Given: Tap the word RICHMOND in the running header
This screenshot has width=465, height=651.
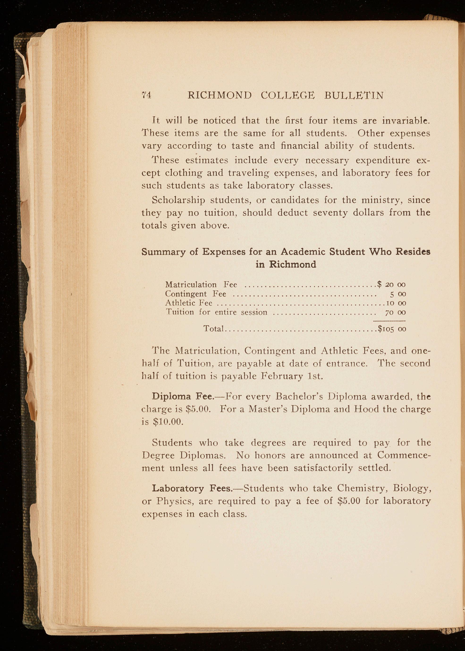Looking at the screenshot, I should click(220, 95).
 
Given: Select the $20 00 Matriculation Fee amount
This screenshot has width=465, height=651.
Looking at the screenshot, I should click(391, 284).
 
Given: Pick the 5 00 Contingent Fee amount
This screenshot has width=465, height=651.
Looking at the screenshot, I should click(398, 294).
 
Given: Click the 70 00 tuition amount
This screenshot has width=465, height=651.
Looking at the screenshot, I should click(395, 313).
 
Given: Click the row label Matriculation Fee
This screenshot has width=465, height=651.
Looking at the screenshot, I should click(201, 285).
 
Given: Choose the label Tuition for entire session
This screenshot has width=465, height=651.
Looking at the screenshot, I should click(216, 312).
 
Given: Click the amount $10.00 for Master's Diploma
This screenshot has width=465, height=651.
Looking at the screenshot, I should click(168, 422).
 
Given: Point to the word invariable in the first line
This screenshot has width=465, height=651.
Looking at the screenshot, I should click(406, 121).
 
